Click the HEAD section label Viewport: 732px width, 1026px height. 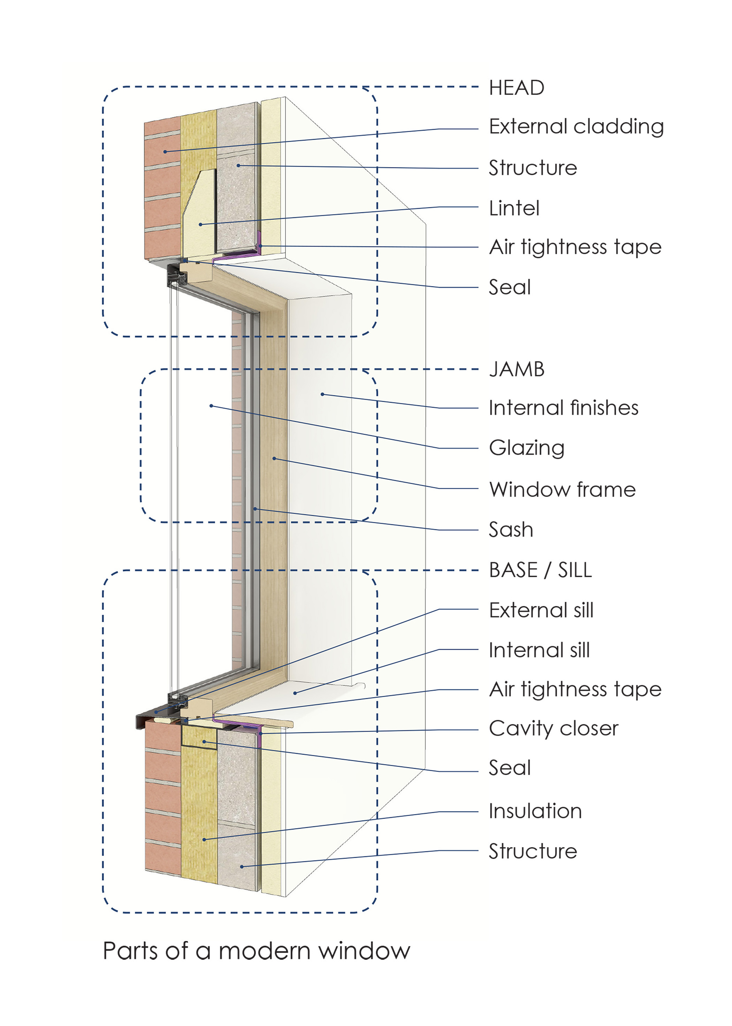[x=516, y=88]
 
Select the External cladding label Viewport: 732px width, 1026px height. [x=576, y=127]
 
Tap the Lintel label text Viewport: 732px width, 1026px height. [x=514, y=208]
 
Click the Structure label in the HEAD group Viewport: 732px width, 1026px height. [x=533, y=168]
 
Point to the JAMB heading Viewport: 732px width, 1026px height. [x=516, y=369]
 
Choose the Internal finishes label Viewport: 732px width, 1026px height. [x=563, y=408]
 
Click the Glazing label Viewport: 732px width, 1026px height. [x=526, y=448]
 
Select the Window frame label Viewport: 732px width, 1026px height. [x=562, y=489]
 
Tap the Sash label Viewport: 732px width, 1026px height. [x=511, y=530]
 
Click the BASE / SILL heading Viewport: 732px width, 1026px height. [x=540, y=570]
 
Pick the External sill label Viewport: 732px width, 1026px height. [x=541, y=610]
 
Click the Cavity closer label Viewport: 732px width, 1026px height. [x=553, y=728]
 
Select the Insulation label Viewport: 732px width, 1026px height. [x=535, y=811]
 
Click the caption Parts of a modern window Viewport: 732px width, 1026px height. [x=257, y=951]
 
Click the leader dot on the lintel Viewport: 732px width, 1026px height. [x=201, y=224]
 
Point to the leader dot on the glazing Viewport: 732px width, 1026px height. [x=211, y=406]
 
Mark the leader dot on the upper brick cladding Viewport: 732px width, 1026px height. [x=165, y=152]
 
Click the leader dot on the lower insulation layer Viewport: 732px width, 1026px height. [x=204, y=839]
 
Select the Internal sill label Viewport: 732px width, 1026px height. [x=539, y=650]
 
